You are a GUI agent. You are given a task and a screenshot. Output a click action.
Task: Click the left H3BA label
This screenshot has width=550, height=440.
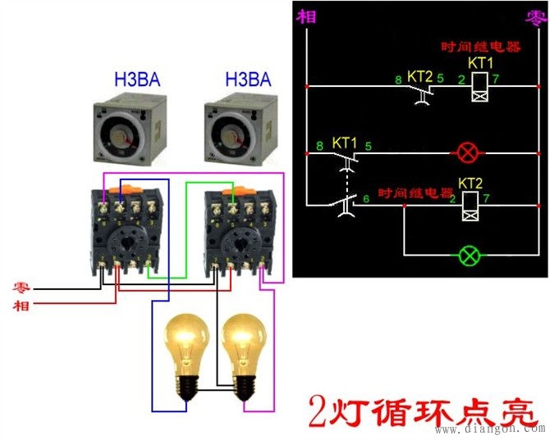click(137, 79)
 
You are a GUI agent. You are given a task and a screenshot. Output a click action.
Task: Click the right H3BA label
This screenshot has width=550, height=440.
click(248, 79)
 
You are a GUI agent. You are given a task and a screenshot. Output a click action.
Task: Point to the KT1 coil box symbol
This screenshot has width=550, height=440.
click(479, 86)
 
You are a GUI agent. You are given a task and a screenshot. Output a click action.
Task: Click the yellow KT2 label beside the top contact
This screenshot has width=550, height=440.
click(419, 75)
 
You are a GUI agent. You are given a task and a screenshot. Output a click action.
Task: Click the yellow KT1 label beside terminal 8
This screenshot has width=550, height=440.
click(345, 143)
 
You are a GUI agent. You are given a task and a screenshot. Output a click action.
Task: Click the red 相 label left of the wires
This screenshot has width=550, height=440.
click(22, 306)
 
